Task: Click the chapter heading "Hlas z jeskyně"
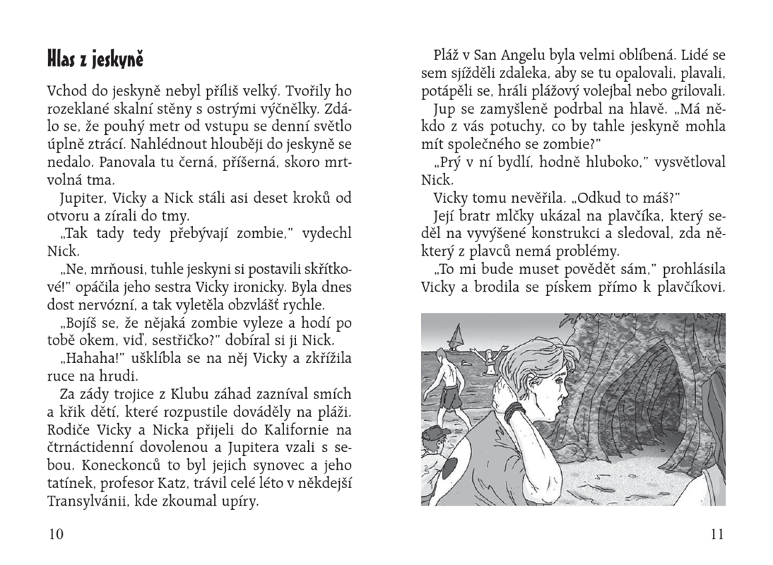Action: coord(95,59)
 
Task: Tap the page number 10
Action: coord(55,534)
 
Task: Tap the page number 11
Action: coord(716,534)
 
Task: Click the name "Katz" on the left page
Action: coord(208,484)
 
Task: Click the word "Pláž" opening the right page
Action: coord(449,55)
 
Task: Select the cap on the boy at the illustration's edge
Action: coord(436,433)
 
